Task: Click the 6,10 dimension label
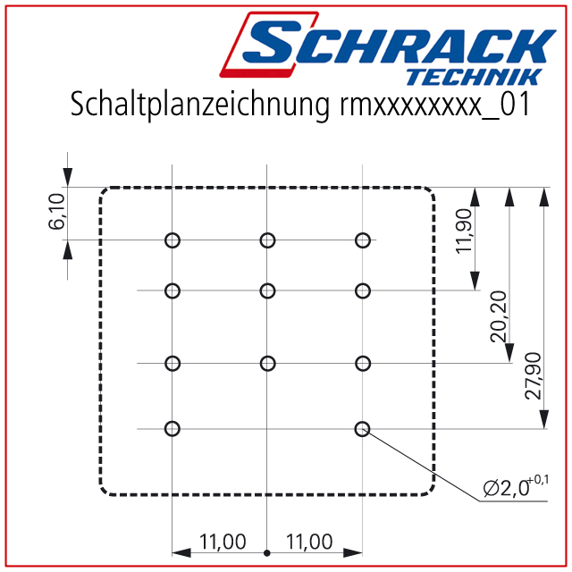(x=56, y=212)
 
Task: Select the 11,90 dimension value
(x=465, y=231)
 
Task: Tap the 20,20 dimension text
(x=499, y=316)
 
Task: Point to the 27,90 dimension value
(x=533, y=375)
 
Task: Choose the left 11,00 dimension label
(x=223, y=542)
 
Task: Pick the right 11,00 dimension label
(x=309, y=542)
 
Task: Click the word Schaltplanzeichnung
(x=199, y=105)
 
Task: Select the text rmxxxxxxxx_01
(x=434, y=105)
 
